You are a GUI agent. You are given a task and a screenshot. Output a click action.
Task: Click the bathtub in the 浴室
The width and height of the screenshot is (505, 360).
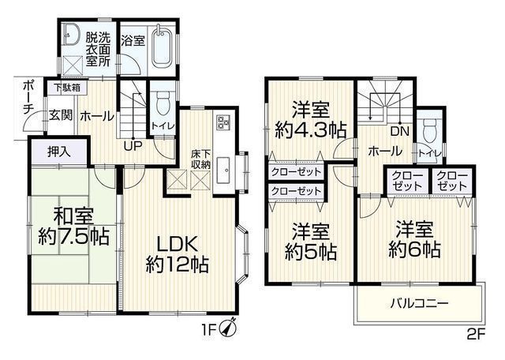(x=163, y=47)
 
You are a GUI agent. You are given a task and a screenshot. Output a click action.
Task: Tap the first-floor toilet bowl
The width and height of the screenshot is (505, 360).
(x=163, y=103)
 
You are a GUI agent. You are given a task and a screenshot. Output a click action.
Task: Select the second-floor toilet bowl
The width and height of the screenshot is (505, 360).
(x=429, y=129)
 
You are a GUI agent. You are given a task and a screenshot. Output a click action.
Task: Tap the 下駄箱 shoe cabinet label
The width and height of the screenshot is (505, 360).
(x=67, y=88)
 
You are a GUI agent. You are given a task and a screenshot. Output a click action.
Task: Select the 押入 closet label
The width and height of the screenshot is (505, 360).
(x=58, y=152)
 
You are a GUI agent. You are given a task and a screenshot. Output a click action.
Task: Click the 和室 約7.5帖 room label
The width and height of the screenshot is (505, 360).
(x=73, y=227)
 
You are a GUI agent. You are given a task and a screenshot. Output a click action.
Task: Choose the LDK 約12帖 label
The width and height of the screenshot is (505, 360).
(x=178, y=254)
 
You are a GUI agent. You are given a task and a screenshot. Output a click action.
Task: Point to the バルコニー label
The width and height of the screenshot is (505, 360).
(x=420, y=303)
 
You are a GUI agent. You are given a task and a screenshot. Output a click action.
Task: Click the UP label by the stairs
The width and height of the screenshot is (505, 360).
(x=133, y=147)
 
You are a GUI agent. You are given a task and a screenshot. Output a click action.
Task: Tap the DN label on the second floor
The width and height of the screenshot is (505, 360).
(x=400, y=131)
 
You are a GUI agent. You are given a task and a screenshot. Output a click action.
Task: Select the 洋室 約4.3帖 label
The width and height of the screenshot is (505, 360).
(x=310, y=119)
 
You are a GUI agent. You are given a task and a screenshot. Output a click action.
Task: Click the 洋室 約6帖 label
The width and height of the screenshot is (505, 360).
(x=414, y=239)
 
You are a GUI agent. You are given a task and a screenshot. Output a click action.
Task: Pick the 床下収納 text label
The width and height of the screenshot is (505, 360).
(x=200, y=159)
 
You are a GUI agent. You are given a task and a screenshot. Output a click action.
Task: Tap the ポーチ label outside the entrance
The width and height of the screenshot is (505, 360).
(x=28, y=98)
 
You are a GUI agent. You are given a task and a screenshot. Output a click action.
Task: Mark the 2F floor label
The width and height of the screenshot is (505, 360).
(x=476, y=335)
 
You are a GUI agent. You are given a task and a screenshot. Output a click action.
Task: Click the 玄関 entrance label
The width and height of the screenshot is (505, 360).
(x=61, y=115)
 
